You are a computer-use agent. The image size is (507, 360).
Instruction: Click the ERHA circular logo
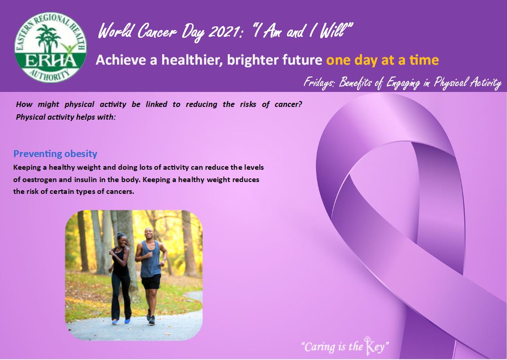point(51,47)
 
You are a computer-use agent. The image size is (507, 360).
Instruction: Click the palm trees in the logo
point(48,39)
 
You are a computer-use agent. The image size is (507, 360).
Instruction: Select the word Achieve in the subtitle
point(120,60)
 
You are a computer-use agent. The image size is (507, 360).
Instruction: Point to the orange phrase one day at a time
point(382,60)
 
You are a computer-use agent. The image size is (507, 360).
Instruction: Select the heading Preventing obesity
point(55,154)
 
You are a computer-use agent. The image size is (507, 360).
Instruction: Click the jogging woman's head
point(121,239)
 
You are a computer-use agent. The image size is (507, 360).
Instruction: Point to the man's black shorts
point(151,282)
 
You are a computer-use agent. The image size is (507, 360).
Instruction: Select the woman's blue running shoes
point(121,322)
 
